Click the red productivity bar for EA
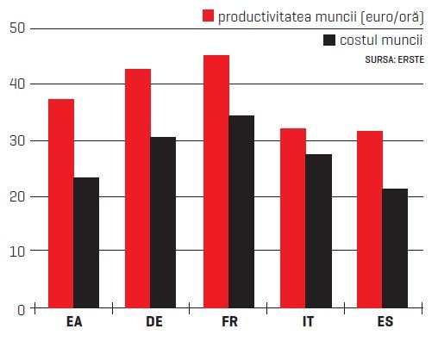61,203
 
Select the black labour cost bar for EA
86,243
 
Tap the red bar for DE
138,189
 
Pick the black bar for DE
163,222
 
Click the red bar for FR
216,182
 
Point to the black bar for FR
241,212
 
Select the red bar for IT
293,218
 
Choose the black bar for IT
319,231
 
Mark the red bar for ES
370,220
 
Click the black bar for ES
395,248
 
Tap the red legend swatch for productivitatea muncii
208,16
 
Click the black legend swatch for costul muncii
329,40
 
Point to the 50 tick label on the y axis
17,28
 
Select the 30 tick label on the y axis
17,141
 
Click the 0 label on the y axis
21,310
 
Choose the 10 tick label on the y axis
17,251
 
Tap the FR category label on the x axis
229,321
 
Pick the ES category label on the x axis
385,321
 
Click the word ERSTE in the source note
411,59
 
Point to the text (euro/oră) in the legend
392,17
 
